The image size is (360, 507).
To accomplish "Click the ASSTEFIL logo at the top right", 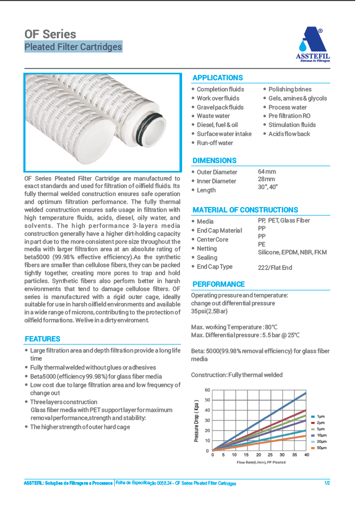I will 312,45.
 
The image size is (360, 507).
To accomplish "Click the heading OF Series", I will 50,34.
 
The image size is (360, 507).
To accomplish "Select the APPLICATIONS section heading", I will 218,78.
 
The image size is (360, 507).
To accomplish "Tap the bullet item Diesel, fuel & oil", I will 217,125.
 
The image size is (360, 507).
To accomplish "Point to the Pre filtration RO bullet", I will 289,116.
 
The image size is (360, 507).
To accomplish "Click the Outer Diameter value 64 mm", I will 267,171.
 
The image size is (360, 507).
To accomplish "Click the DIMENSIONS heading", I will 215,160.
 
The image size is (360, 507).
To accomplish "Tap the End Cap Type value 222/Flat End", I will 275,268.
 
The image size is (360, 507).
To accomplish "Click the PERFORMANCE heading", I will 219,284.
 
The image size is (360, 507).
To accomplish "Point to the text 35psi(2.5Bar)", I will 210,312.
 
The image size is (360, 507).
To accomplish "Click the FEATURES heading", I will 42,339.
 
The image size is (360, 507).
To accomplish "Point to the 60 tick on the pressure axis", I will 208,390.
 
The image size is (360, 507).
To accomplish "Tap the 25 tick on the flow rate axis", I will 270,455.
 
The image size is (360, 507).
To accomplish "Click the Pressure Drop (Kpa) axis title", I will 196,420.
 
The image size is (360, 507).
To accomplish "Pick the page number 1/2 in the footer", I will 327,483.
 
